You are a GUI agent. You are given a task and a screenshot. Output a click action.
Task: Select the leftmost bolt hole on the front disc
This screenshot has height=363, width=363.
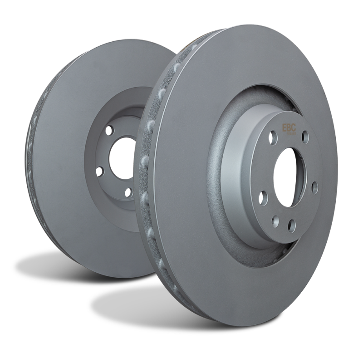262,196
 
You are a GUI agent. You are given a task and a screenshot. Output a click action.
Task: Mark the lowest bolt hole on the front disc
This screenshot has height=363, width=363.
291,223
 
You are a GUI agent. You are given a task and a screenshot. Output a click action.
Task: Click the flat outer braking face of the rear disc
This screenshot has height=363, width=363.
68,181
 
